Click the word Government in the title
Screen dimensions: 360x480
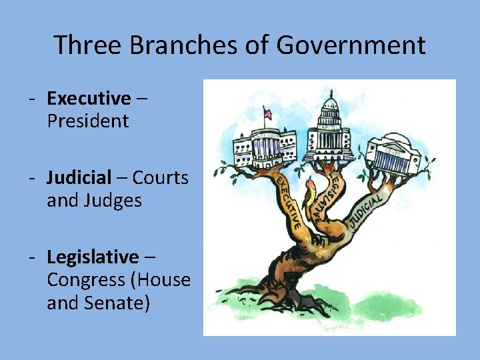351,45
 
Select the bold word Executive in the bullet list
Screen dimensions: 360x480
89,99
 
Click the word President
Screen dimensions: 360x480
87,121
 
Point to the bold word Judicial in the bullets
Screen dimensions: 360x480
79,178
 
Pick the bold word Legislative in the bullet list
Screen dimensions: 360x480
93,257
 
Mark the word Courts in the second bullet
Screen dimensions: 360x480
161,178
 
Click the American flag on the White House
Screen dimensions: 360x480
268,114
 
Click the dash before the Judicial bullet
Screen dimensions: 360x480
31,178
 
